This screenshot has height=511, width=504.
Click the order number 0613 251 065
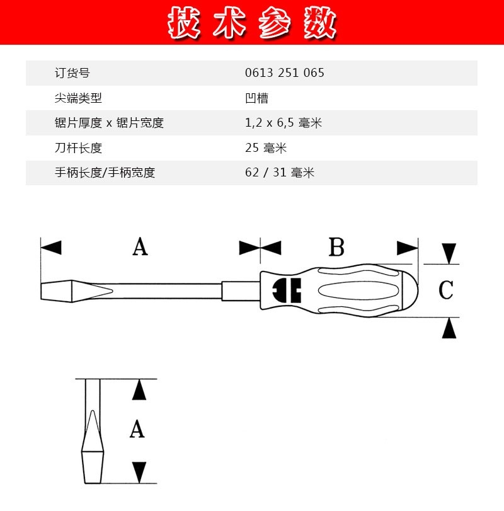284,72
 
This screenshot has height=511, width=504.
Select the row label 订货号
72,72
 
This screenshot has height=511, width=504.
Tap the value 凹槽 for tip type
256,98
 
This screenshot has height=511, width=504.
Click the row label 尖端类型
78,98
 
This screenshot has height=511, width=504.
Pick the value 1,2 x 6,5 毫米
283,123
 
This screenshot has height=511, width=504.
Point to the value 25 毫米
266,147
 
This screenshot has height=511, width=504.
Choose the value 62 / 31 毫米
280,173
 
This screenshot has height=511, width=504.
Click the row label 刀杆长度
78,147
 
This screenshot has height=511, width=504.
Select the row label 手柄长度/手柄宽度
105,173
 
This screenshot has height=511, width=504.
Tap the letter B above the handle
336,247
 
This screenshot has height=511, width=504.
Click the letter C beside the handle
445,289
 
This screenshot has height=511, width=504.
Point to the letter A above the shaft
140,246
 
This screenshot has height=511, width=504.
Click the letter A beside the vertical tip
137,428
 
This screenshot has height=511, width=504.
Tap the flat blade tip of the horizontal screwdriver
56,291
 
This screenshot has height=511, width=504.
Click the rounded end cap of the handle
411,290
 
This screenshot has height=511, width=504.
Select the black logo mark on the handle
287,290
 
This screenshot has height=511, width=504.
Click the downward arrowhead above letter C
449,253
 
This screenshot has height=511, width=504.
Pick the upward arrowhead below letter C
449,328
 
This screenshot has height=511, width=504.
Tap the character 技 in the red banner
183,23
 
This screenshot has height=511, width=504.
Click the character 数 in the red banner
320,23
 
